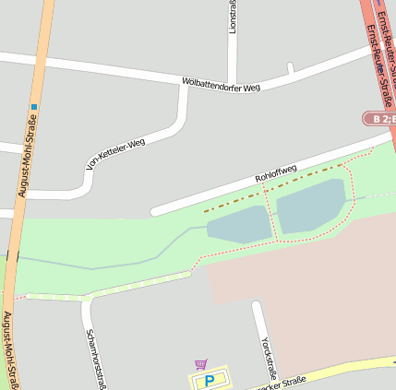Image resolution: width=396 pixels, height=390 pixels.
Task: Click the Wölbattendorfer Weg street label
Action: coord(222,86)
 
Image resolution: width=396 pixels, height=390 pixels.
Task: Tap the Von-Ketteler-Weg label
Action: coord(115,155)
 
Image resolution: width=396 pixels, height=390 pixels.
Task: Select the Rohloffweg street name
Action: coord(275,172)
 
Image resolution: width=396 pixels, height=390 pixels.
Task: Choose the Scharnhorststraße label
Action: coord(95,359)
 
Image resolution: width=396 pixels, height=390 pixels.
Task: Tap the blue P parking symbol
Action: coord(209,381)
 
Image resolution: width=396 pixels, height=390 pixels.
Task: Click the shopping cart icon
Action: coord(201,364)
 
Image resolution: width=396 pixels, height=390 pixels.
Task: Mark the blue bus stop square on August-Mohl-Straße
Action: coord(33,107)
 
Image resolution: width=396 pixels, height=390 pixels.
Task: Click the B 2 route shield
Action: coord(378,119)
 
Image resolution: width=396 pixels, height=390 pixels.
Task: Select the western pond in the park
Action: coord(237,224)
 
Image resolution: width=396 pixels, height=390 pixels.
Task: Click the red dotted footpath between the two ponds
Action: coord(271,218)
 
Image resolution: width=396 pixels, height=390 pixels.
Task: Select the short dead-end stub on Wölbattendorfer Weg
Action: coord(290,68)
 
